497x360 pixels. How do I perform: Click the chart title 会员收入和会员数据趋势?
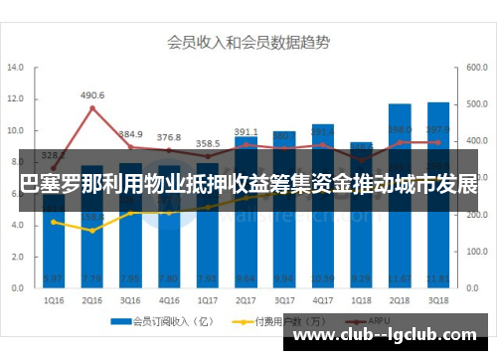(x=248, y=43)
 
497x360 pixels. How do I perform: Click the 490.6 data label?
(x=92, y=95)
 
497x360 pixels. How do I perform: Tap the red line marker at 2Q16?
(x=92, y=108)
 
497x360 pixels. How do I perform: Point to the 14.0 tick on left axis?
(x=16, y=69)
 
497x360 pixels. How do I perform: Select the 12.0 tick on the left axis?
(x=16, y=99)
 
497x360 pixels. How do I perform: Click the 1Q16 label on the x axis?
(x=54, y=298)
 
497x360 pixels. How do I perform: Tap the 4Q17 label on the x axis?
(x=323, y=298)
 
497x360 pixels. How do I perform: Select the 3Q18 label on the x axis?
(x=438, y=298)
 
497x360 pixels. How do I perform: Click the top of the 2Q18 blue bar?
(x=400, y=104)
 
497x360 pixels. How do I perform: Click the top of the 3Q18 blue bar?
(x=438, y=102)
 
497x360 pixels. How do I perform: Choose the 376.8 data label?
(x=169, y=137)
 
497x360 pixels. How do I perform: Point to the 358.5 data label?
(x=208, y=143)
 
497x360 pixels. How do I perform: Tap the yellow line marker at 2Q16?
(x=92, y=231)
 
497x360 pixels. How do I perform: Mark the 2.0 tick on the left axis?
(x=16, y=256)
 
